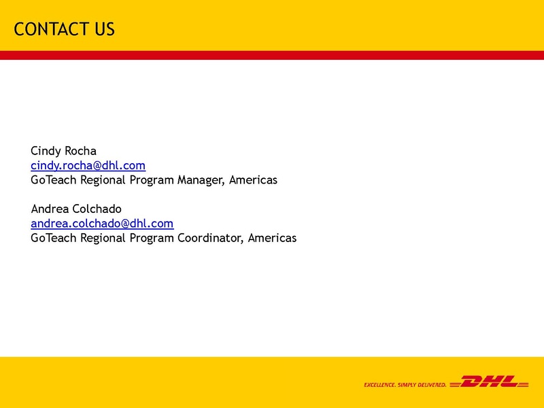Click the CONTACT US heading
(64, 29)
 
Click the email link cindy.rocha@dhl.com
(88, 165)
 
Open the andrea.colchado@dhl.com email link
(102, 223)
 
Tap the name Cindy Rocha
(63, 150)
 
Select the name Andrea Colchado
(76, 208)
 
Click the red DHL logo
(490, 382)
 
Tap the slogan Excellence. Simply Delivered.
(405, 385)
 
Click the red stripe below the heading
(272, 55)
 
